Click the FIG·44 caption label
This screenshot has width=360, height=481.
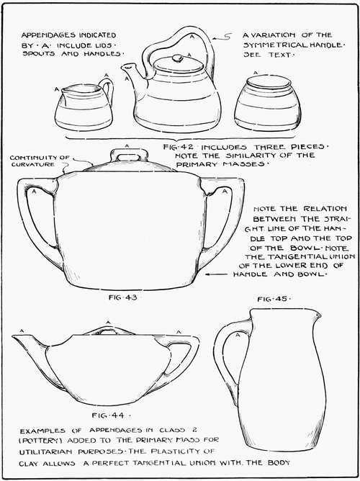click(x=109, y=415)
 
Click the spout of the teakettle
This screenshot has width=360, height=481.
click(x=130, y=71)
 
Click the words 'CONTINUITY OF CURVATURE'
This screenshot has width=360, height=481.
click(x=40, y=163)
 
